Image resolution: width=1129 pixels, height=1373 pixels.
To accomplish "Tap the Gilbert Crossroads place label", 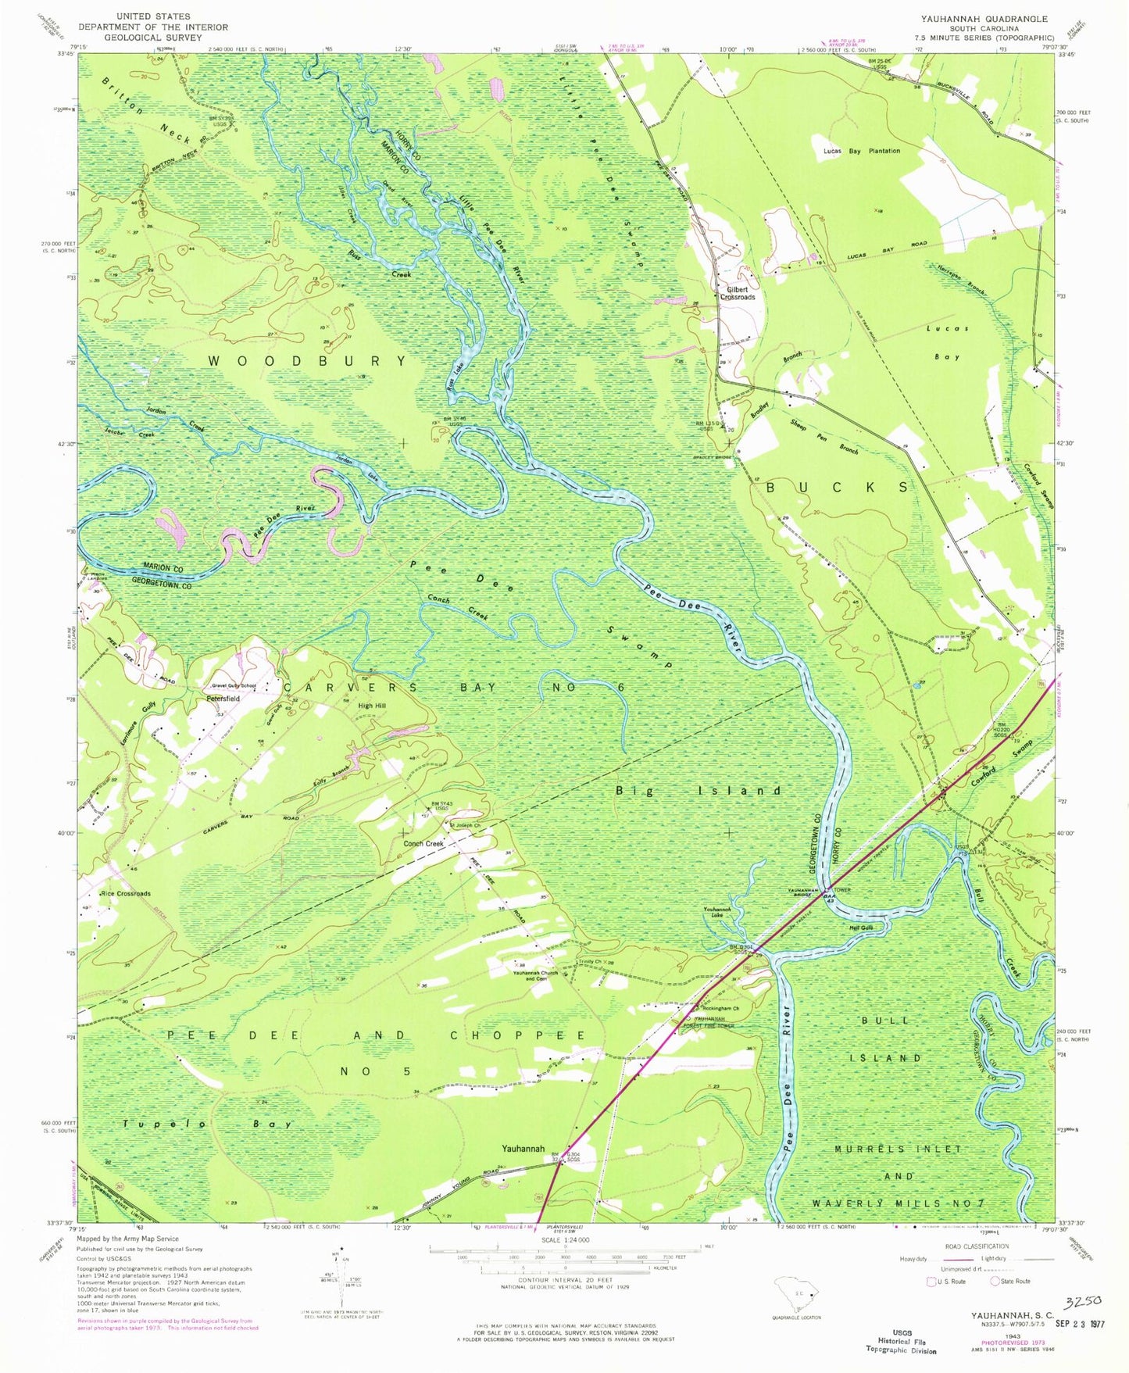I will pyautogui.click(x=738, y=293).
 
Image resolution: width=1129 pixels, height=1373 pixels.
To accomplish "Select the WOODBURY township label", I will pyautogui.click(x=307, y=361).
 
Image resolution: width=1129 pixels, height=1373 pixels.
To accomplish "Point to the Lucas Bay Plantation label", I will pyautogui.click(x=861, y=151).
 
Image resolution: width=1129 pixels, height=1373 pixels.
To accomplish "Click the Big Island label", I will pyautogui.click(x=698, y=791).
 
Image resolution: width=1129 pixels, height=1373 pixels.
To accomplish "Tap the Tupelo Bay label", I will pyautogui.click(x=206, y=1124).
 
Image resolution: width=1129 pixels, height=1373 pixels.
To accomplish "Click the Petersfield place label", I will pyautogui.click(x=223, y=697).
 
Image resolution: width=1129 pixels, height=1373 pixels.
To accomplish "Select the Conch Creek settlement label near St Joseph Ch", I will pyautogui.click(x=423, y=844).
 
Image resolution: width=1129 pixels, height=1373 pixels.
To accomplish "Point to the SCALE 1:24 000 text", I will pyautogui.click(x=565, y=1262).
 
